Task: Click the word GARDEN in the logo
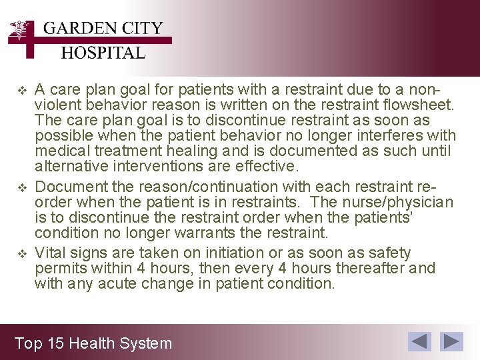[73, 29]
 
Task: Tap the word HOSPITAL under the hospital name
[103, 53]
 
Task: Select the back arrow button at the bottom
[420, 342]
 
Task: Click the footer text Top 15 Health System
[93, 343]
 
